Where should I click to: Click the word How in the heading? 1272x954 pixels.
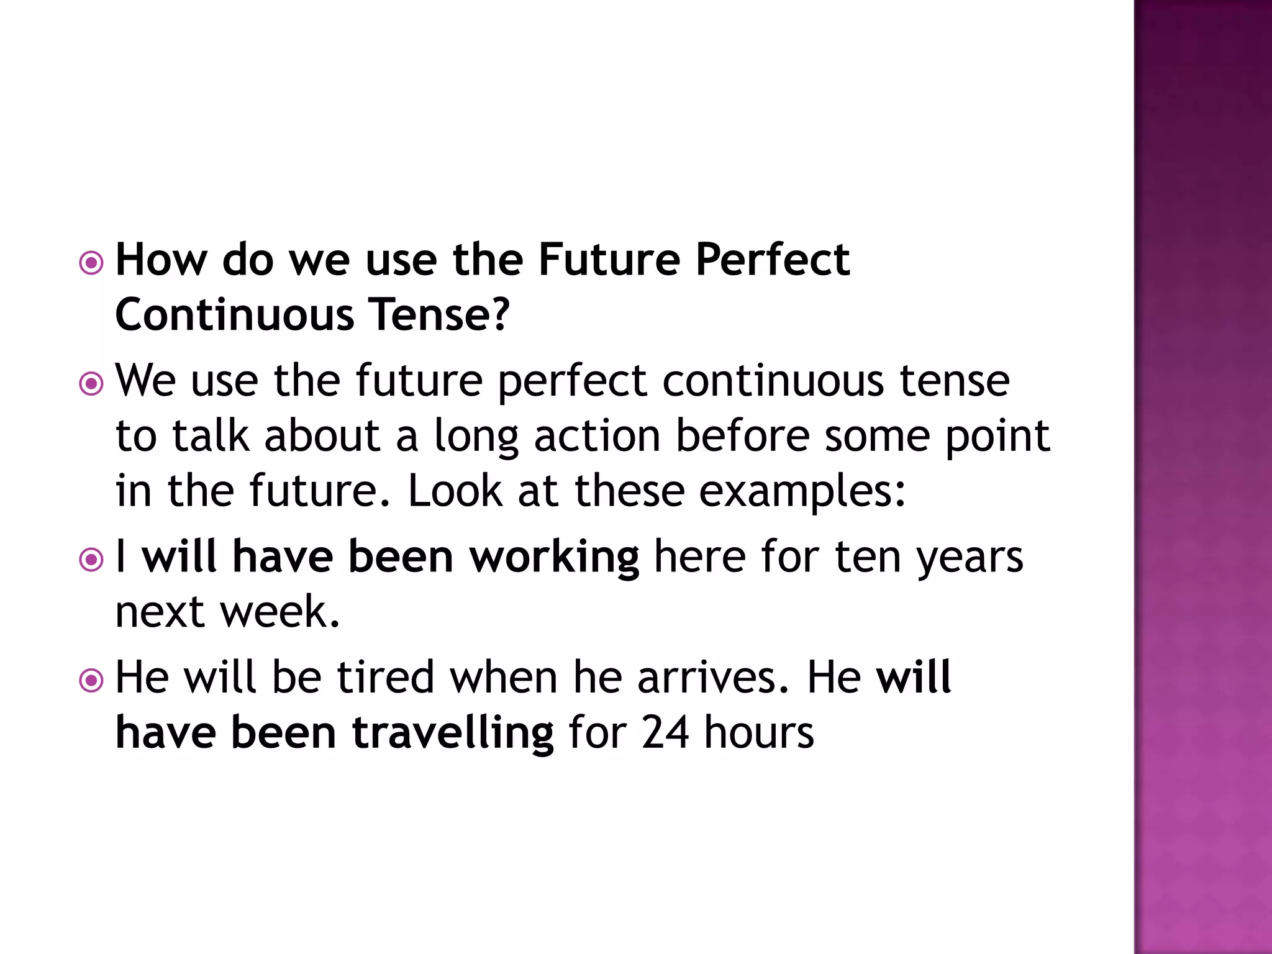(161, 260)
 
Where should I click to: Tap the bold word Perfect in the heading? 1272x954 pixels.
(773, 260)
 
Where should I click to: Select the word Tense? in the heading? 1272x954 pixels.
(439, 314)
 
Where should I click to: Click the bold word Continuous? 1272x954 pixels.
(235, 314)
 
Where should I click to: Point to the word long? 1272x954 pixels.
(476, 437)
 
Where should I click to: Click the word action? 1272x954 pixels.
(597, 436)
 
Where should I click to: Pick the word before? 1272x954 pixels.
(743, 436)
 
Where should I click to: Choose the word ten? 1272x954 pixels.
(868, 557)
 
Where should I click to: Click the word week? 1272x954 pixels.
(280, 612)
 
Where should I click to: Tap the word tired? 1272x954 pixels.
(386, 677)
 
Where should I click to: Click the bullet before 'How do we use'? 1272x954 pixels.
(91, 263)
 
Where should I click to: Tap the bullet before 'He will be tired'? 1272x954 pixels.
(91, 681)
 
